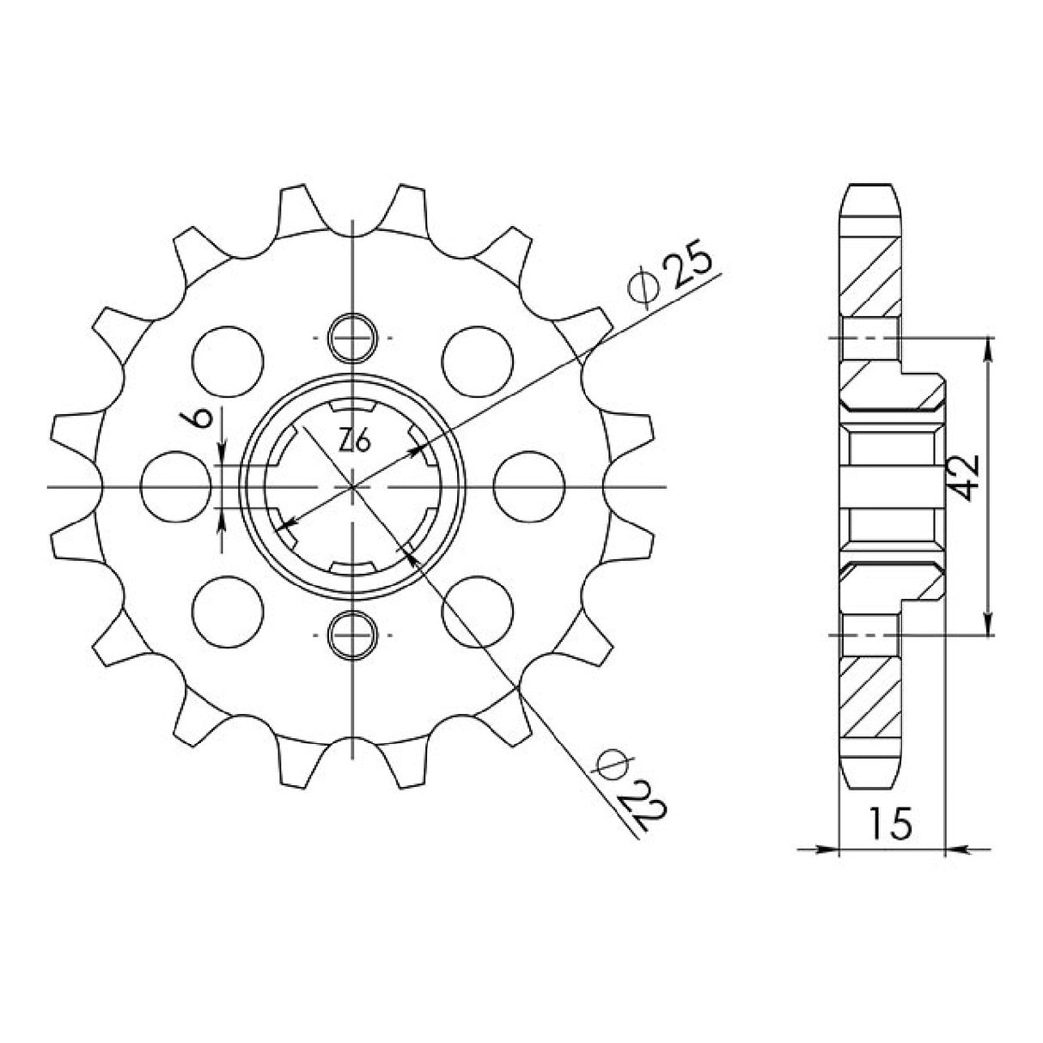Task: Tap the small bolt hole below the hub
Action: [x=353, y=635]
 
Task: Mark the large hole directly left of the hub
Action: [x=175, y=486]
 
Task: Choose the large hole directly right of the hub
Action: [x=529, y=486]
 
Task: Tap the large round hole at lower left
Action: [x=227, y=611]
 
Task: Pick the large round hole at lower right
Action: [x=478, y=611]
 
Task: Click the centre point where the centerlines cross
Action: [x=353, y=487]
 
